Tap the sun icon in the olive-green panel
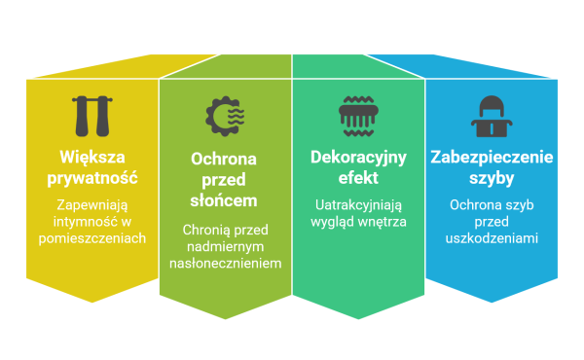point(225,116)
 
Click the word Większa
point(92,158)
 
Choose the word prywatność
point(92,179)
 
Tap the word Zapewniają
point(92,205)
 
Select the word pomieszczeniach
point(92,238)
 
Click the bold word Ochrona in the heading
point(225,158)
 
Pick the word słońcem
point(225,200)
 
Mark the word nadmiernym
point(225,246)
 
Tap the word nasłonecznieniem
point(225,264)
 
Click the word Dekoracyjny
point(358,158)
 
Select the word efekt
point(358,179)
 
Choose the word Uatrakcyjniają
point(358,205)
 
